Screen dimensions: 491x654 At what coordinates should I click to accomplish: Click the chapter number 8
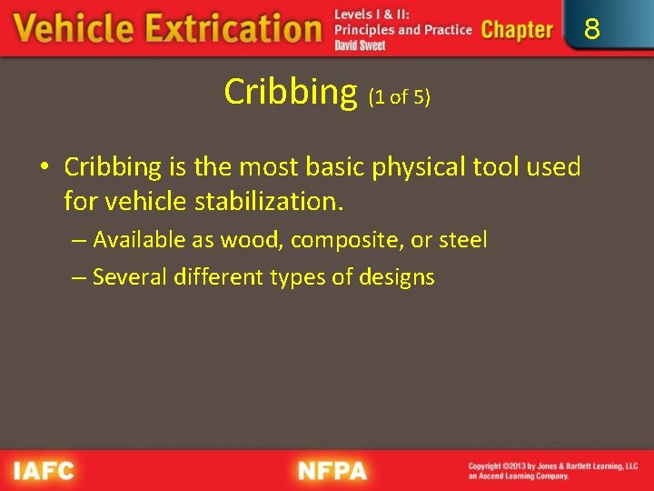(591, 30)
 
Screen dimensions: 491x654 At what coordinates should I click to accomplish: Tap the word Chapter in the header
(516, 30)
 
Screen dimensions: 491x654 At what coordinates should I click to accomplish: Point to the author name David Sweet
(360, 45)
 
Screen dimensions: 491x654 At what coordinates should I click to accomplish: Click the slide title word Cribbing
(291, 91)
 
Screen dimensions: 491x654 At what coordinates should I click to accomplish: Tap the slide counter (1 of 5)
(398, 97)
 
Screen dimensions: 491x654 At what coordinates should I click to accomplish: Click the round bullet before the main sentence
(44, 168)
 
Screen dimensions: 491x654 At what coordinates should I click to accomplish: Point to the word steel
(463, 240)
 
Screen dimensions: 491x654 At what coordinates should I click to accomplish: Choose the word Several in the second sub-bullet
(127, 276)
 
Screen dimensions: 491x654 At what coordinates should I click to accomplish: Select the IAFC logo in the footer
(44, 471)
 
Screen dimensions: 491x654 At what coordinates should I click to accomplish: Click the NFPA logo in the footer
(332, 471)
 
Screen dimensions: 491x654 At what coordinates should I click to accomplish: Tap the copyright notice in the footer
(552, 471)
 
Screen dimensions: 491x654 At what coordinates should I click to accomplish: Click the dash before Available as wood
(79, 241)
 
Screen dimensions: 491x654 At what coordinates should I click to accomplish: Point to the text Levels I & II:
(372, 15)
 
